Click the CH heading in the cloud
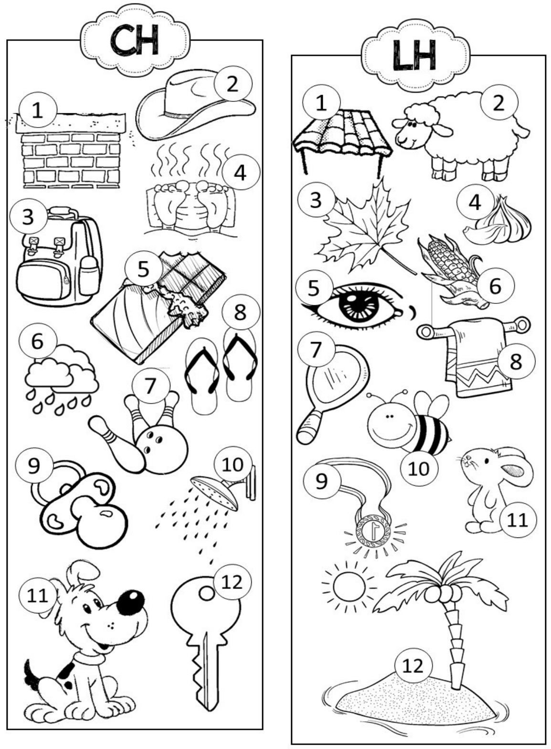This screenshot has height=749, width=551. [x=135, y=40]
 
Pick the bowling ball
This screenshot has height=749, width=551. [x=160, y=449]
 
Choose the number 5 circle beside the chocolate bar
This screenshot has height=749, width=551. [x=143, y=269]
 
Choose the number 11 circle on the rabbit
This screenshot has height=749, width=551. [x=518, y=520]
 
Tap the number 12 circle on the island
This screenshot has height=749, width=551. [x=413, y=666]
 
